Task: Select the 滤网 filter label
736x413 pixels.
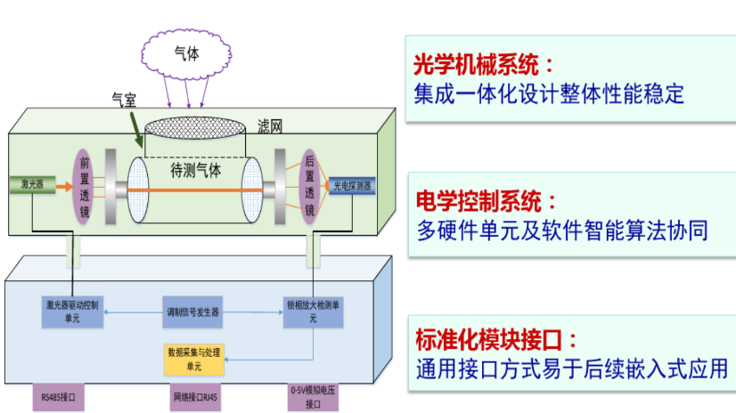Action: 268,126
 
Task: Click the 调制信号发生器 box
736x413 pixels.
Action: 193,312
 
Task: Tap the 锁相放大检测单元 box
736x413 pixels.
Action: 312,311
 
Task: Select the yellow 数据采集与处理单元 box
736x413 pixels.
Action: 193,358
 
